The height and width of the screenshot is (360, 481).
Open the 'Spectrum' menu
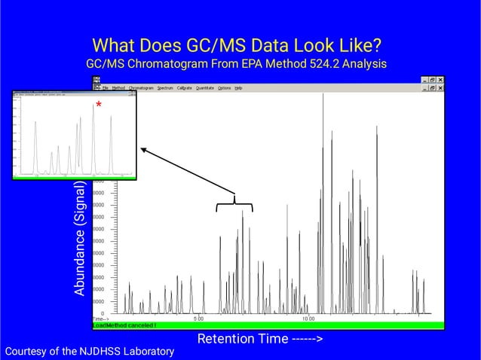click(165, 88)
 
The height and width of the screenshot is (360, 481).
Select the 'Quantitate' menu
click(204, 88)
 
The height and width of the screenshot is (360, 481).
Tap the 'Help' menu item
click(238, 88)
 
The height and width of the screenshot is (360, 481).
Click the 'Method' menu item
click(118, 88)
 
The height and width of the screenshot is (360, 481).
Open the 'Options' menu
click(225, 88)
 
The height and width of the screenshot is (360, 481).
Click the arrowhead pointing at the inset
click(143, 150)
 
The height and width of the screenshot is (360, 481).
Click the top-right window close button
click(440, 80)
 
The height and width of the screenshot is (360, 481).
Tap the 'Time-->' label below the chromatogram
click(101, 319)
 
